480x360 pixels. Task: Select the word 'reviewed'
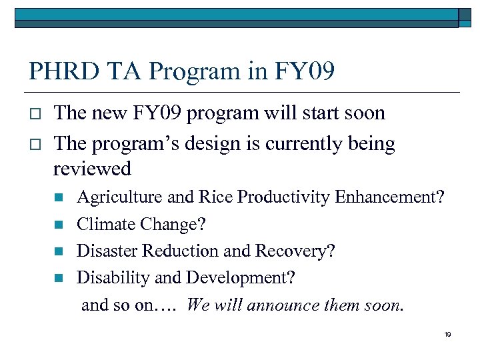(92, 169)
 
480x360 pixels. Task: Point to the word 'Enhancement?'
(389, 198)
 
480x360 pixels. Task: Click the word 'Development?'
(240, 278)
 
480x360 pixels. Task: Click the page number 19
(447, 334)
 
